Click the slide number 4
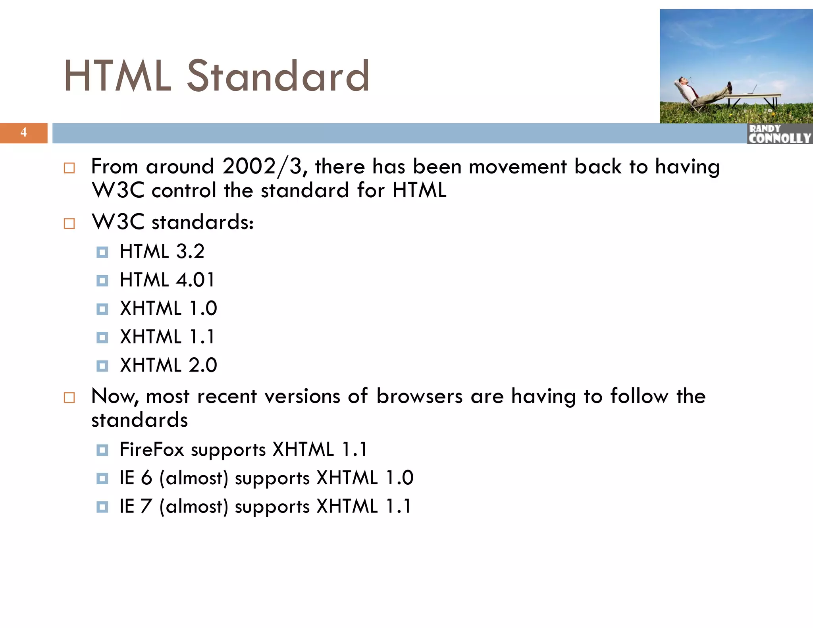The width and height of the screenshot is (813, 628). coord(23,132)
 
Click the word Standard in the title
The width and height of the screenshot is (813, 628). coord(278,76)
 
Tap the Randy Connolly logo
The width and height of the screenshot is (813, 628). coord(779,134)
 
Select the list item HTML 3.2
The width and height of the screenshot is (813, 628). coord(162,252)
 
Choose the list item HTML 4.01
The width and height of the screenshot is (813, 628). coord(167,280)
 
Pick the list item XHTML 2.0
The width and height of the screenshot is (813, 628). coord(168,365)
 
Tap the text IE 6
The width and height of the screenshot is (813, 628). coord(136,478)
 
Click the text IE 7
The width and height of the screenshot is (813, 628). coord(136,507)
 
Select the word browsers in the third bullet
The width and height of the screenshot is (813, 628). coord(419,397)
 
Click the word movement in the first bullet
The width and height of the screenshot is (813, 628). coord(517,167)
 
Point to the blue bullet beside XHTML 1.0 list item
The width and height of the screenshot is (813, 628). coord(102,309)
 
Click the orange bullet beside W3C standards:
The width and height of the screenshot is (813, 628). coord(69,223)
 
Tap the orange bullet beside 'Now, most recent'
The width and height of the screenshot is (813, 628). coord(69,398)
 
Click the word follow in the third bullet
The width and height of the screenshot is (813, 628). coord(639,397)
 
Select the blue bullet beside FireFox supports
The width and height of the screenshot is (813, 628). coord(102,450)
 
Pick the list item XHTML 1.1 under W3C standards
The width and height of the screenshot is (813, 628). coord(167,337)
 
